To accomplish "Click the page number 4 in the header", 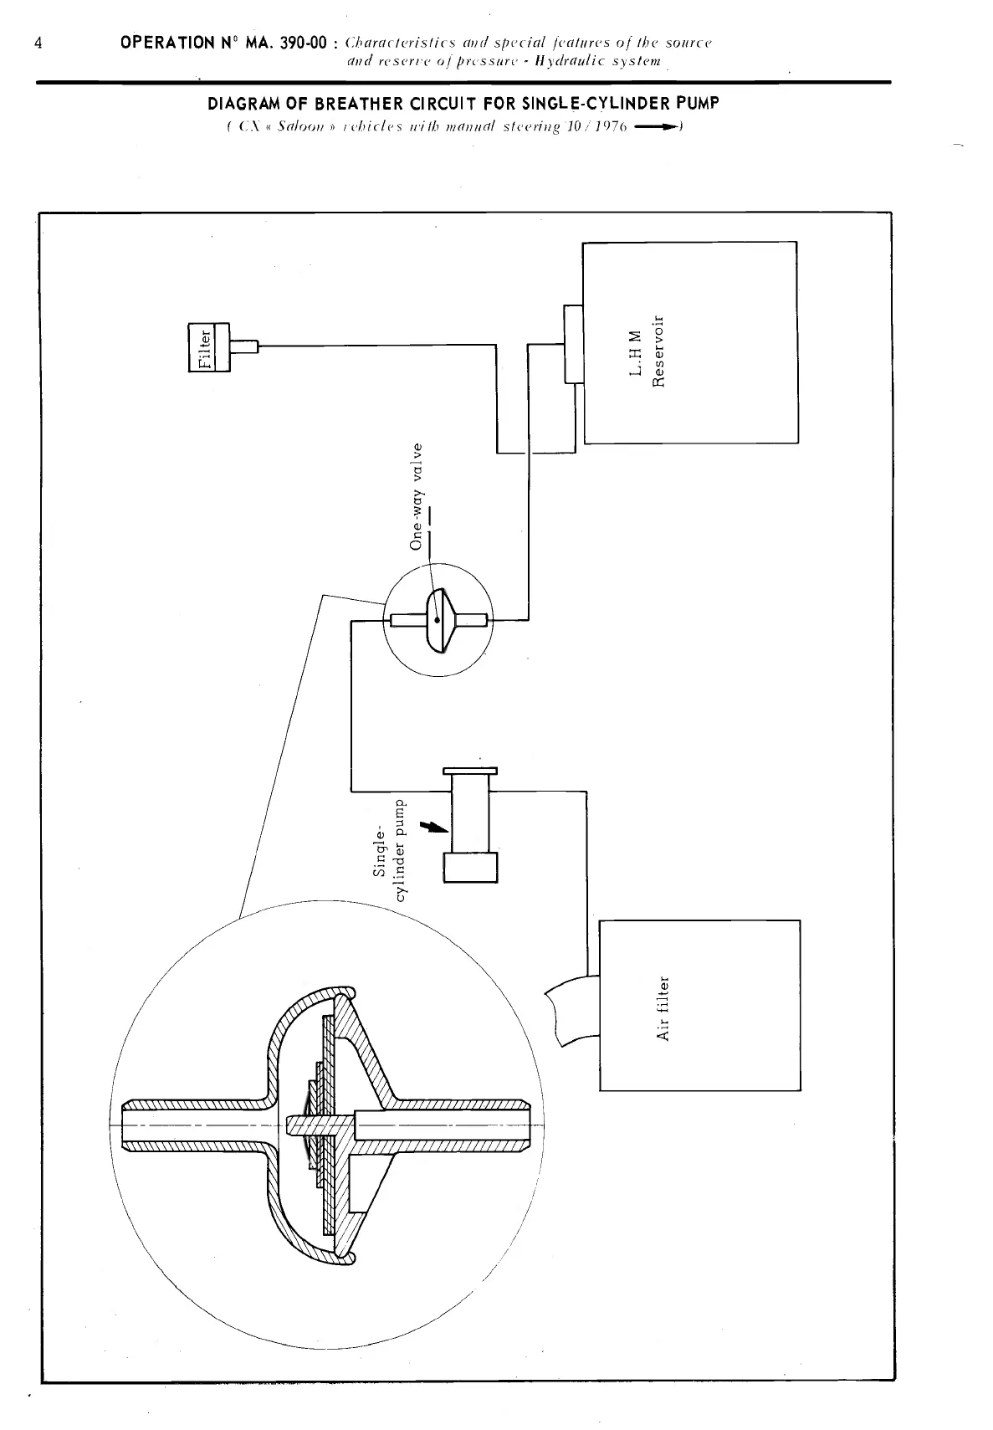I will point(38,43).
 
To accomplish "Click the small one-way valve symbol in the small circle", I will point(438,619).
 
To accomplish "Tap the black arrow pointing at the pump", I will point(433,827).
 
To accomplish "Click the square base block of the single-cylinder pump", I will point(471,866).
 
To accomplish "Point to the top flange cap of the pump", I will point(470,770).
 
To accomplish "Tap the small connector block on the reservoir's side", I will point(573,343).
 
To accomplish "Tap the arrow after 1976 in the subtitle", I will point(659,127).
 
